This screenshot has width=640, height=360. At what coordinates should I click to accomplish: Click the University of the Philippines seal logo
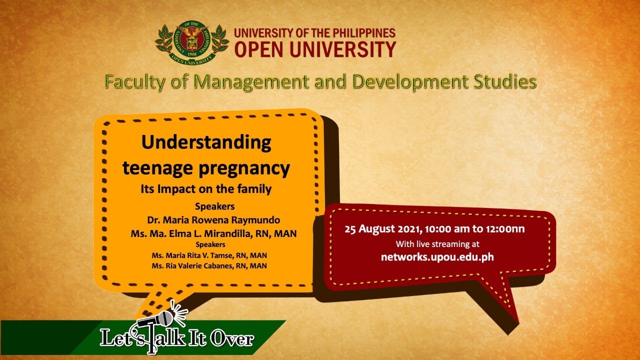pos(192,42)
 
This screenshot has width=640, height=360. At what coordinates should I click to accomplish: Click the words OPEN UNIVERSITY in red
pos(315,49)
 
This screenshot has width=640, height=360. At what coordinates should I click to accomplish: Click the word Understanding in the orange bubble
pos(206,142)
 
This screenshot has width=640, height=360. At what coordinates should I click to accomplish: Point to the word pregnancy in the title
pos(244,168)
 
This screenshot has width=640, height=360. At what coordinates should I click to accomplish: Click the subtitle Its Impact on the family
pos(206,189)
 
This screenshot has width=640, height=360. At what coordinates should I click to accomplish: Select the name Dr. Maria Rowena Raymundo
pos(213,220)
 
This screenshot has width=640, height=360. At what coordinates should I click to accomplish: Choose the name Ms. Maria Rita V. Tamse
pos(191,255)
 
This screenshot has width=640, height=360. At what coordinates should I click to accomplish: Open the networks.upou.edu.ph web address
pos(437,257)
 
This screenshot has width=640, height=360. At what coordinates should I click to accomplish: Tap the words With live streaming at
pos(437,244)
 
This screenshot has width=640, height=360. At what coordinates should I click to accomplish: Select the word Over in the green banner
pos(232,339)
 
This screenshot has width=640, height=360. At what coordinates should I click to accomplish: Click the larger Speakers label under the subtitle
pos(215,206)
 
